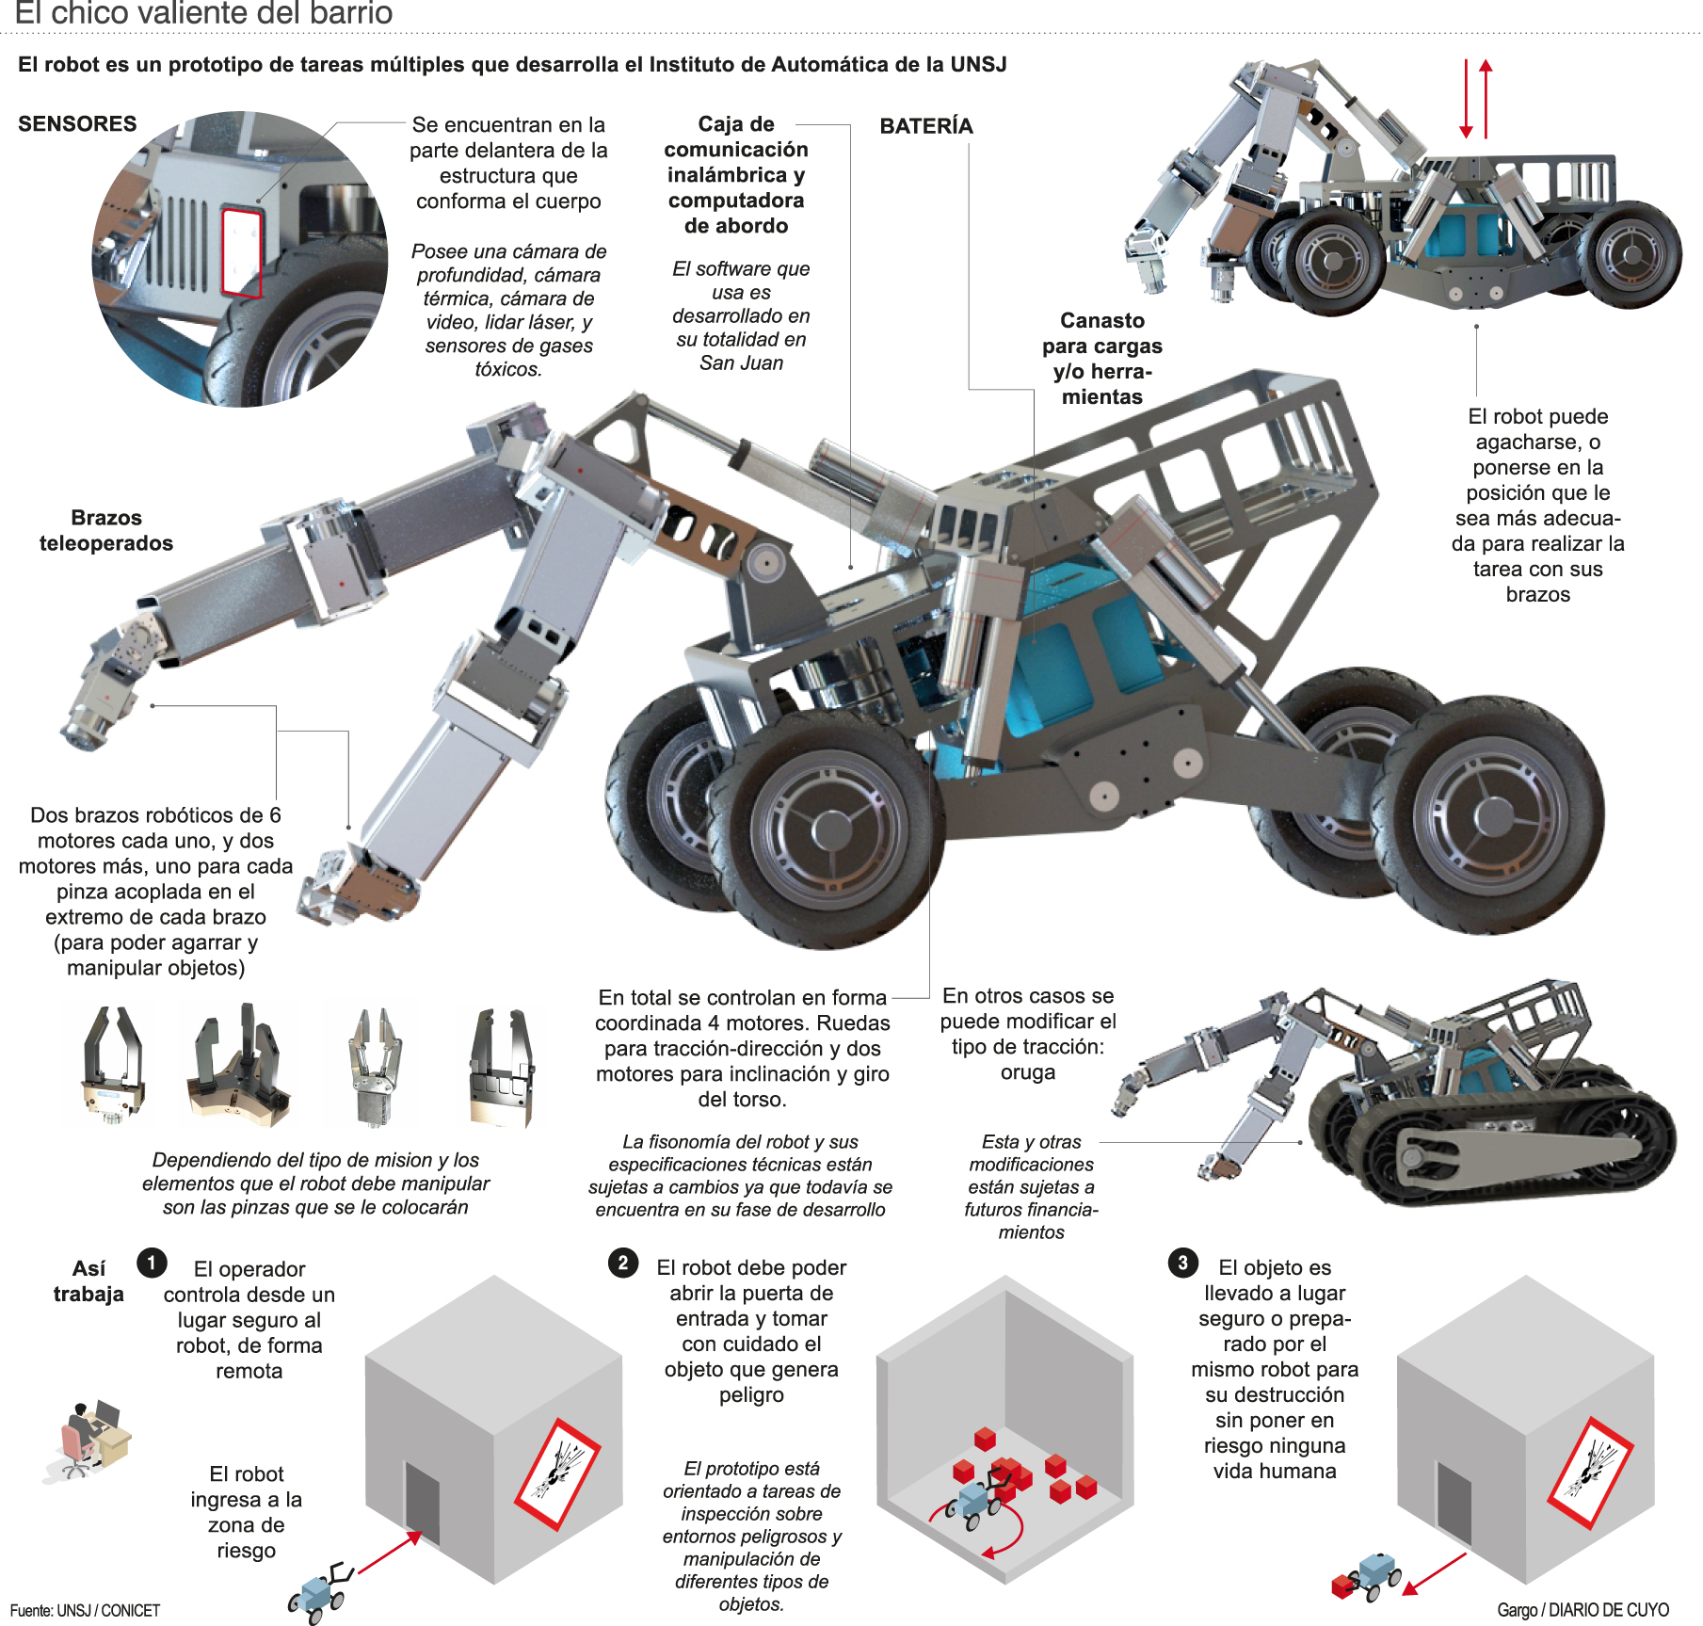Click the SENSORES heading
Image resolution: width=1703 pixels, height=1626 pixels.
tap(77, 123)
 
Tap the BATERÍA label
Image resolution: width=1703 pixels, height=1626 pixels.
tap(925, 125)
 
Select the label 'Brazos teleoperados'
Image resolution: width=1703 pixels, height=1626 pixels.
tap(106, 530)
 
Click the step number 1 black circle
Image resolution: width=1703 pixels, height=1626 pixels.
tap(152, 1262)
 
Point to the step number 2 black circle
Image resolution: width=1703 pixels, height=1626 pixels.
tap(622, 1262)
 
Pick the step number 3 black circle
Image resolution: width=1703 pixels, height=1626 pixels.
tap(1182, 1262)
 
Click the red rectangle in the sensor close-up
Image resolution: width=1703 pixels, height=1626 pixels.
tap(241, 252)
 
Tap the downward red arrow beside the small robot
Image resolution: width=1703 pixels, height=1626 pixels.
tap(1466, 99)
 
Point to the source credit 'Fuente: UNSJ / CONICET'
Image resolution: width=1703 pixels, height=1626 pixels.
tap(86, 1610)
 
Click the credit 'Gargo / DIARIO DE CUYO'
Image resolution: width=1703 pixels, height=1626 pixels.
tap(1583, 1610)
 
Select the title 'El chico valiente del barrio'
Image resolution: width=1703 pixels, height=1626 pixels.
tap(203, 13)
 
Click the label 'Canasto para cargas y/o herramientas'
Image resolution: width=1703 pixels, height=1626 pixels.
tap(1101, 359)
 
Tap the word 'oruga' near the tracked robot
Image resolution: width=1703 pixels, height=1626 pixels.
tap(1027, 1072)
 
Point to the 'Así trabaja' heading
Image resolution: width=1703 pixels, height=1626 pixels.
tap(88, 1280)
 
